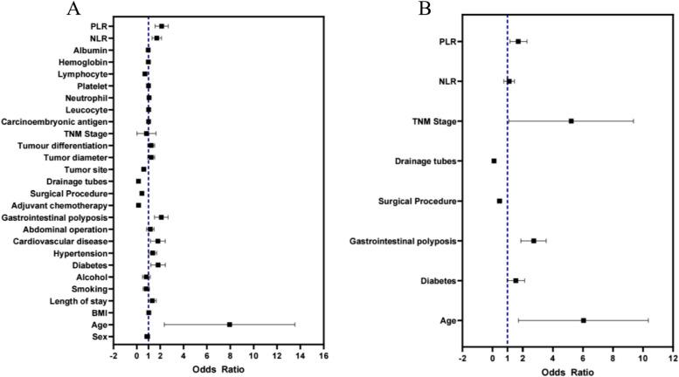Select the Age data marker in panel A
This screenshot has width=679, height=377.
tap(230, 324)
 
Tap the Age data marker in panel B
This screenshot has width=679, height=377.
tap(583, 320)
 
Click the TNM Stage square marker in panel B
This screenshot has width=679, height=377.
tap(571, 120)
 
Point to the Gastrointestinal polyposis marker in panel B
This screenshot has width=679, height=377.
tap(533, 240)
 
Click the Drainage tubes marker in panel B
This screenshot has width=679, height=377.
tap(494, 161)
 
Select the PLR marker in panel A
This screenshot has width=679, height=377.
tap(162, 26)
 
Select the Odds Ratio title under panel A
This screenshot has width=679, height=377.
tap(218, 369)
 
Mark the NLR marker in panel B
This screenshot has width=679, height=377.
tap(509, 81)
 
